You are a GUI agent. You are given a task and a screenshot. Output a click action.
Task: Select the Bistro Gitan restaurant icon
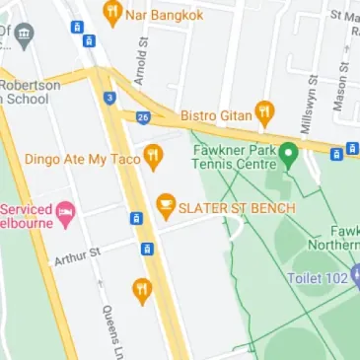coord(263,111)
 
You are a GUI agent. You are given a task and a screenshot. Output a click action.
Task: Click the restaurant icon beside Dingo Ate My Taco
coord(153,155)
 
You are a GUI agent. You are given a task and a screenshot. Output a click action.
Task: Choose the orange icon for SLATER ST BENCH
coord(166,206)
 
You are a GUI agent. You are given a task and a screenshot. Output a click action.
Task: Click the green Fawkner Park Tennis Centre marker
coord(288,155)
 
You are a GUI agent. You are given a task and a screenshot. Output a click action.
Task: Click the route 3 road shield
coord(109,97)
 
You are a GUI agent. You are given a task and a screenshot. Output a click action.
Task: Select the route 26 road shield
coord(143,117)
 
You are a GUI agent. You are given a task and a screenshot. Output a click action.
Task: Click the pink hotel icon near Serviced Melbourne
coord(65,211)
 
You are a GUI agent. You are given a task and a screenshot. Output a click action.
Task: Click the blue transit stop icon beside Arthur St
coord(147,249)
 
